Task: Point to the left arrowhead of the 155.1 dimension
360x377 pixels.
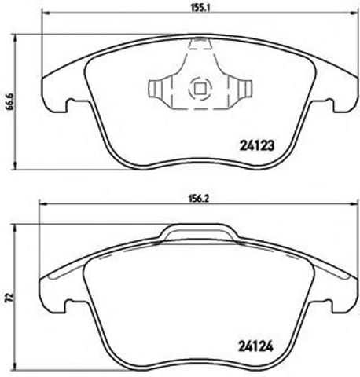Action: [x=44, y=14]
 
